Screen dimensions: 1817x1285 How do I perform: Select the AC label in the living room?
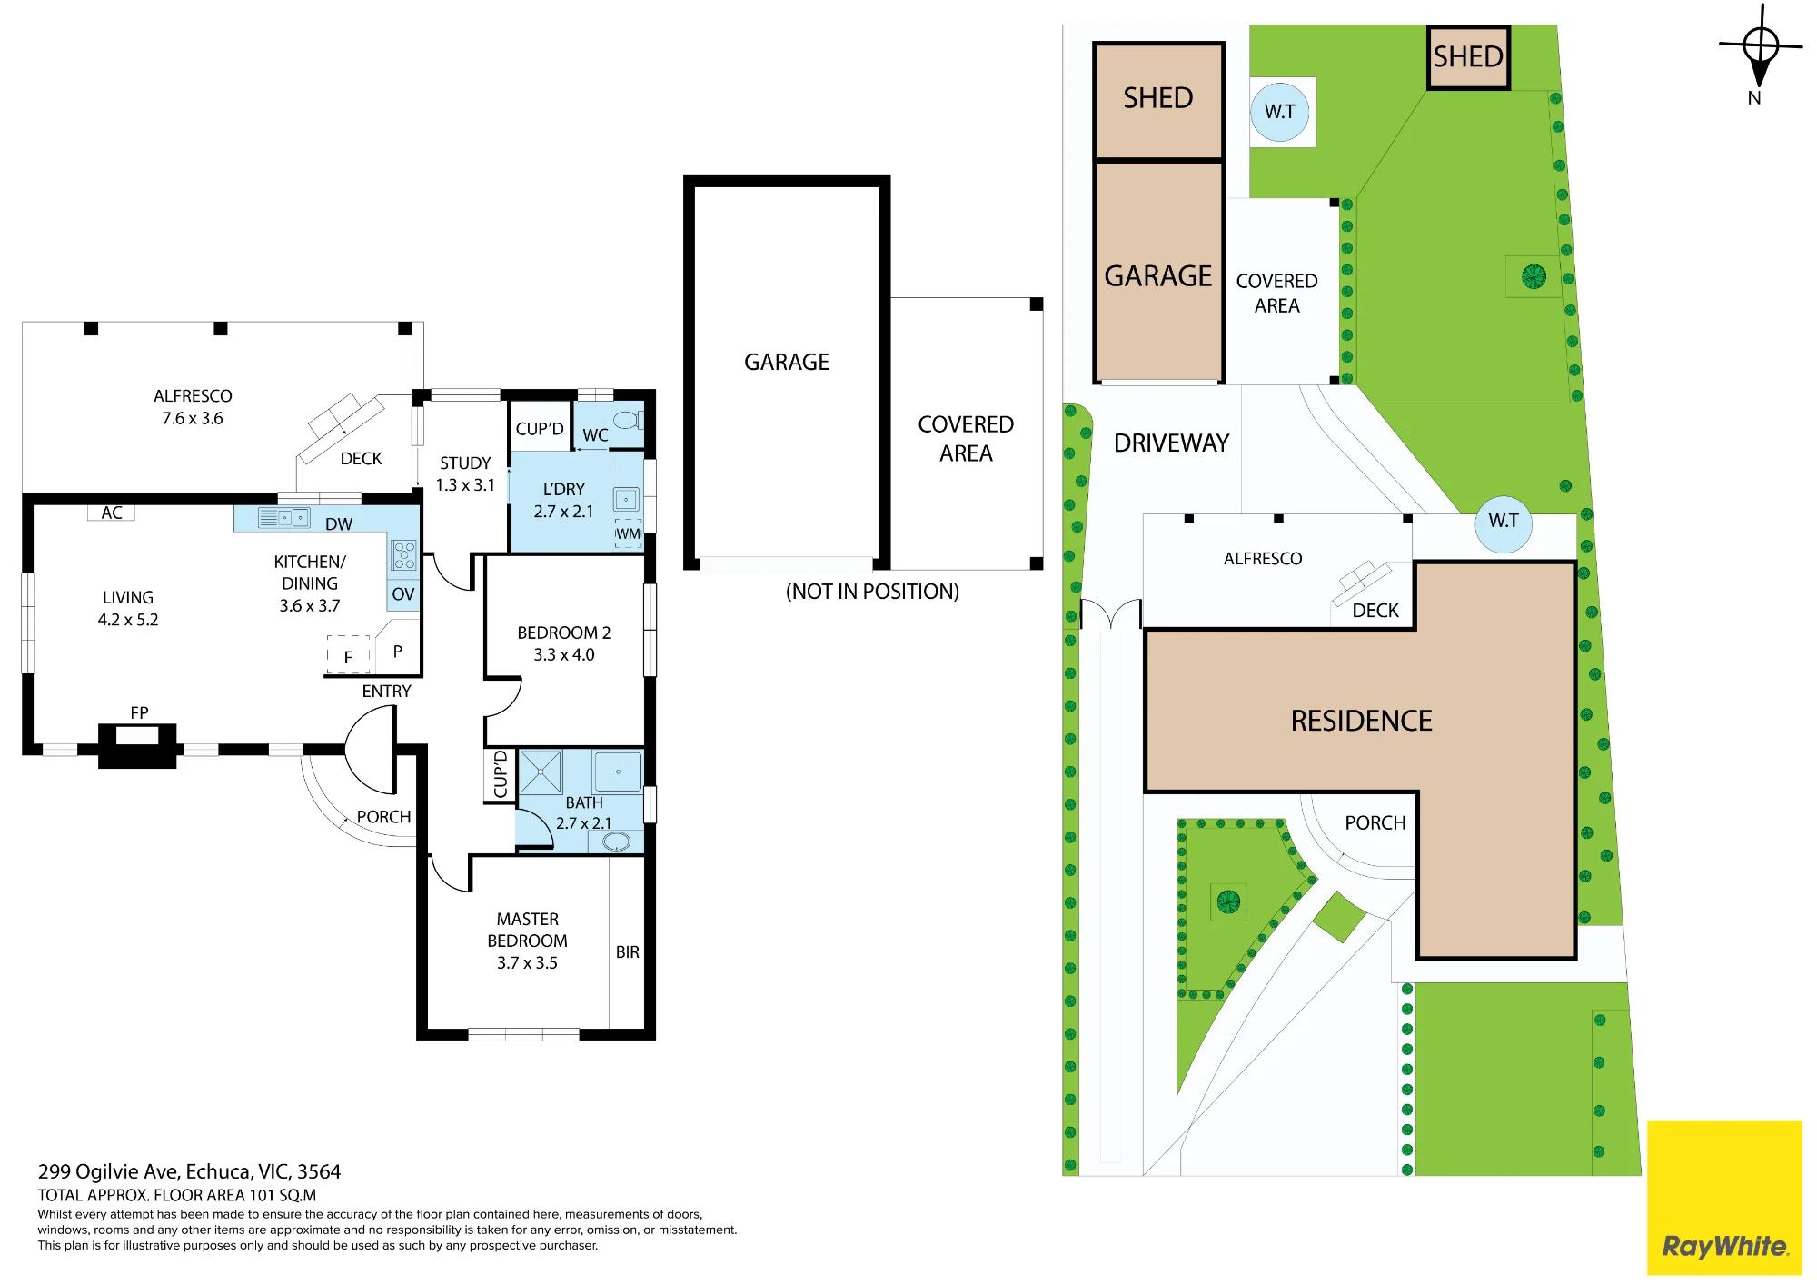point(112,513)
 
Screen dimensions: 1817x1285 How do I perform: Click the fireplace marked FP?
point(137,745)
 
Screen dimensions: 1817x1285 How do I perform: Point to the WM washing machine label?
point(628,534)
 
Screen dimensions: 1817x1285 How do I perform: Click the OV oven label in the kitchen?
point(403,594)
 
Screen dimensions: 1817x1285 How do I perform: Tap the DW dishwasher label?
point(339,524)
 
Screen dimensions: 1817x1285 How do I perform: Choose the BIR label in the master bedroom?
point(628,952)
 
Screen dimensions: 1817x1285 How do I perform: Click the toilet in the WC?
point(627,420)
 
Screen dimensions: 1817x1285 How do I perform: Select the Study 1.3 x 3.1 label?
point(465,474)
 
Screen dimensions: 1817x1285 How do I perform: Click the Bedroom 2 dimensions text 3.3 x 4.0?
point(564,655)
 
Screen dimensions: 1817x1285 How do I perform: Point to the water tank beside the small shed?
point(1280,111)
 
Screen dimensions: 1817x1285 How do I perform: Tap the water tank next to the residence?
point(1504,522)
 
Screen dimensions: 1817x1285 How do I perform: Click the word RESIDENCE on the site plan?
point(1361,722)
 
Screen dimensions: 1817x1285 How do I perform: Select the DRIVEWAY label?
point(1171,443)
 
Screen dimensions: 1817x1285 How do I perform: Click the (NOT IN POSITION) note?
point(872,592)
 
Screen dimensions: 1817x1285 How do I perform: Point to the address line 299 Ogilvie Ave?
point(189,1172)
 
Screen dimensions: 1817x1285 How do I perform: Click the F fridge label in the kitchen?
point(348,657)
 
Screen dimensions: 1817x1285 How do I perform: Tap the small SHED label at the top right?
point(1468,57)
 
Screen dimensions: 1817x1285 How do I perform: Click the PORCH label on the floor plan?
point(383,817)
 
